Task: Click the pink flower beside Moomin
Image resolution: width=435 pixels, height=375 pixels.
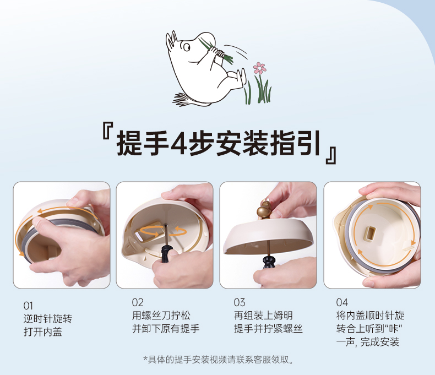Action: [x=259, y=68]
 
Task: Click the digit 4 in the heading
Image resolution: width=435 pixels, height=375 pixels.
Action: [x=179, y=143]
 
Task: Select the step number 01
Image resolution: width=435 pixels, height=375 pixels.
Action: [x=28, y=306]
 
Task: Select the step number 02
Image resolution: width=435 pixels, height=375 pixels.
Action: [x=138, y=302]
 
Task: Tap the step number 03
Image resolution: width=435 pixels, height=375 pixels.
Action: [x=240, y=302]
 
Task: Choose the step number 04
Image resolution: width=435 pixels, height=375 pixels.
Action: [x=342, y=302]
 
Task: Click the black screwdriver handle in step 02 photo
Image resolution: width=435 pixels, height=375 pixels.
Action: [x=166, y=252]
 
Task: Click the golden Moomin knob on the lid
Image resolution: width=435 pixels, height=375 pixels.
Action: [x=264, y=209]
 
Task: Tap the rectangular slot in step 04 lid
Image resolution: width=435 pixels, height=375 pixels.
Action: [x=371, y=233]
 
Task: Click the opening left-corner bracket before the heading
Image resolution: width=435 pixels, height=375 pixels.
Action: [x=107, y=131]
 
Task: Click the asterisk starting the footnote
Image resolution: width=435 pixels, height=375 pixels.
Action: [x=145, y=359]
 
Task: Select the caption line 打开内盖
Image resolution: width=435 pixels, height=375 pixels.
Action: [x=43, y=331]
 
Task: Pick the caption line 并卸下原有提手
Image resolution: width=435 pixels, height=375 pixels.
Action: [x=166, y=329]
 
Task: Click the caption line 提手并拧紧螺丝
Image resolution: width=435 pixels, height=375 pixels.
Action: [x=268, y=329]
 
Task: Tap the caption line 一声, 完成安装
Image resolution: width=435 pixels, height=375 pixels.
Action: [x=368, y=342]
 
